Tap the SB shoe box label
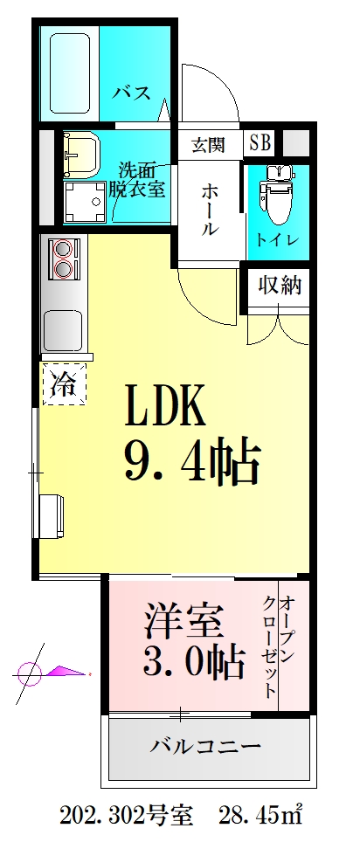260,141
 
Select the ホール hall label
210,210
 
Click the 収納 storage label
279,286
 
